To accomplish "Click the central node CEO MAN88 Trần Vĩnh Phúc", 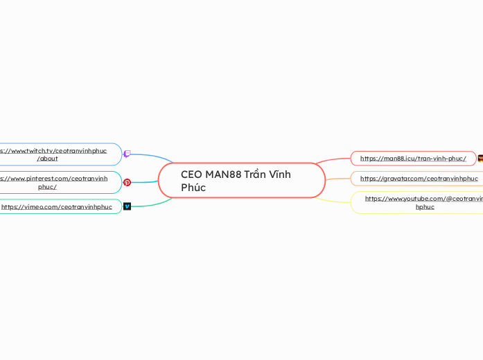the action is pyautogui.click(x=241, y=181).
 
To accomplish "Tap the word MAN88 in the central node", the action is pyautogui.click(x=223, y=174).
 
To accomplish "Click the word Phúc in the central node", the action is pyautogui.click(x=193, y=188).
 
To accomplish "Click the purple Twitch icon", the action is pyautogui.click(x=127, y=154).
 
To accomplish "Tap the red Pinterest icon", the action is pyautogui.click(x=127, y=183).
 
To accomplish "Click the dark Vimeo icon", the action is pyautogui.click(x=127, y=206).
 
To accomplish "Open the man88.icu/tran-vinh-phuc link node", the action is pyautogui.click(x=413, y=159).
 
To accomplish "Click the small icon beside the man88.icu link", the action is pyautogui.click(x=480, y=159).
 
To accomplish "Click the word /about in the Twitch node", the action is pyautogui.click(x=47, y=159).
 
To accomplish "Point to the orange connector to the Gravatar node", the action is pyautogui.click(x=338, y=179).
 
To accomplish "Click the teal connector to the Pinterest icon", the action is pyautogui.click(x=145, y=182).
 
